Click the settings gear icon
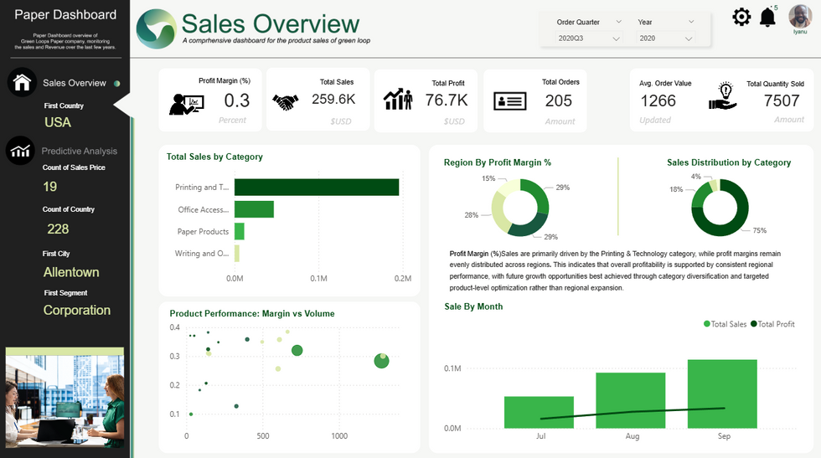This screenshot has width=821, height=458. (741, 17)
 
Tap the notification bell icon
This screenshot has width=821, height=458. (767, 17)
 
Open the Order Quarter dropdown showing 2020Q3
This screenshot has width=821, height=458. (589, 39)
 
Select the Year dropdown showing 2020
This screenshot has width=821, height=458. (666, 39)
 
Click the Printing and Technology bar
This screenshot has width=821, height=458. (317, 187)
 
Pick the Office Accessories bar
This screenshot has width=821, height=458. (254, 209)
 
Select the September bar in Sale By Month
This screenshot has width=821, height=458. (722, 394)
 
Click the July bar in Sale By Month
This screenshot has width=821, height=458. (539, 412)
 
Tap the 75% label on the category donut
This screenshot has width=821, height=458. (759, 230)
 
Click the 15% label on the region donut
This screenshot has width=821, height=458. (488, 178)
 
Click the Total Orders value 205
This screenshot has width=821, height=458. (558, 100)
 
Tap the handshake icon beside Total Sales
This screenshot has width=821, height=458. (286, 101)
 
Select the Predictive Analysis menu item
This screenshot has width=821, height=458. (80, 152)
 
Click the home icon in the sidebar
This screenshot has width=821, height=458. (22, 82)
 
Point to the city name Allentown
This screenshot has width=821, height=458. (71, 272)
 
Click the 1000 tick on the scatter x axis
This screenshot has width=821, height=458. (338, 436)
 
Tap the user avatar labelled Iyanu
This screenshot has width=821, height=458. (800, 17)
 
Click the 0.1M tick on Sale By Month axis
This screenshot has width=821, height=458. (452, 368)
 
